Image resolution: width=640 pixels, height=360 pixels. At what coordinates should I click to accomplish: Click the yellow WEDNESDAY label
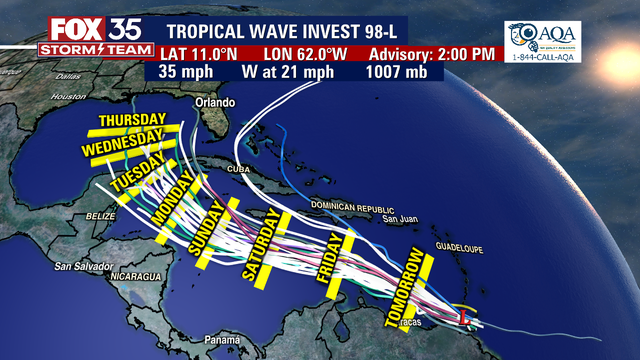point(122,144)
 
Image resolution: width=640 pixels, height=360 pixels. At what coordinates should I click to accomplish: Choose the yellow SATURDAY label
point(262,244)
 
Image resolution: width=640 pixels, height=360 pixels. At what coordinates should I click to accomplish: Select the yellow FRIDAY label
point(336,266)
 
